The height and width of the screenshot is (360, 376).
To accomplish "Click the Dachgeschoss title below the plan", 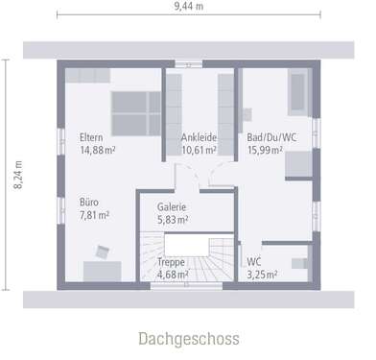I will [x=188, y=339].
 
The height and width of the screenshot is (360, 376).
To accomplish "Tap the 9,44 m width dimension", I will [x=187, y=7].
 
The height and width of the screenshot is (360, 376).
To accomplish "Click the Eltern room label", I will [x=92, y=137].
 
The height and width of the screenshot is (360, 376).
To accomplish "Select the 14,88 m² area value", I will [x=97, y=150].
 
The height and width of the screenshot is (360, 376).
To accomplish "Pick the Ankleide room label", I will [x=199, y=137].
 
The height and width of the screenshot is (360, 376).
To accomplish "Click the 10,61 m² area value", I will [x=199, y=150].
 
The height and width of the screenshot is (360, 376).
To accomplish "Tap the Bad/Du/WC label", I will [x=270, y=137].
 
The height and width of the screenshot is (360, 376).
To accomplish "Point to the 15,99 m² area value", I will [x=264, y=150].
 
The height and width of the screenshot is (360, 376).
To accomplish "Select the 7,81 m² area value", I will [x=92, y=215].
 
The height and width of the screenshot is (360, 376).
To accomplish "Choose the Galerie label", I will [x=171, y=207].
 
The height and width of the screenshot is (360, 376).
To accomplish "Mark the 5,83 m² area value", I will [x=172, y=220].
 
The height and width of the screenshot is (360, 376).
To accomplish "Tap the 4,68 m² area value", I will [x=173, y=274].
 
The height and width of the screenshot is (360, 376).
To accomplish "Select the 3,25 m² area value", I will [x=261, y=274].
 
